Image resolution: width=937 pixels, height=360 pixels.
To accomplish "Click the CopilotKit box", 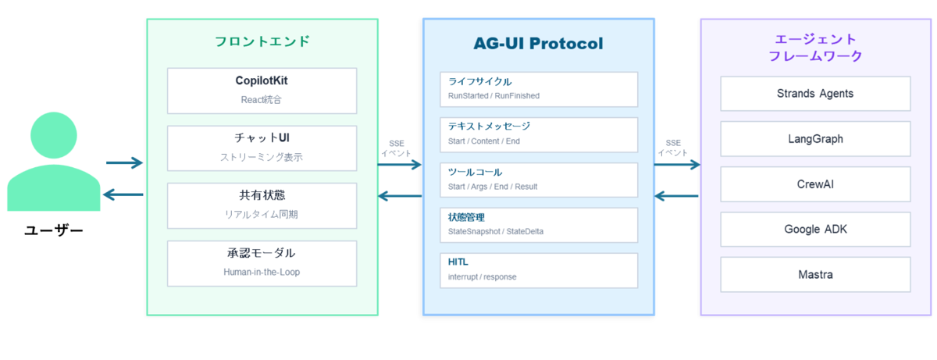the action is (262, 91).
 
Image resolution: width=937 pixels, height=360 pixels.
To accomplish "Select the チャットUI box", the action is (262, 148).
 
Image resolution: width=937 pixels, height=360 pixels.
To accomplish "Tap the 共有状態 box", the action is (262, 205).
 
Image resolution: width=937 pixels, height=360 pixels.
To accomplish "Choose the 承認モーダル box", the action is (262, 263).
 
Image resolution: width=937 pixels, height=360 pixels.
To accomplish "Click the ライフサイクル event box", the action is (539, 89).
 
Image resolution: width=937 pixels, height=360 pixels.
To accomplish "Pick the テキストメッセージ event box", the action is (539, 134).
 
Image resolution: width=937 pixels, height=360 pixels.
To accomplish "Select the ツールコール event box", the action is (539, 180).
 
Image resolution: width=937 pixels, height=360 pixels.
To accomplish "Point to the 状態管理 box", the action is (539, 225).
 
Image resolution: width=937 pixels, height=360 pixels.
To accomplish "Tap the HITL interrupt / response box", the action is (539, 270).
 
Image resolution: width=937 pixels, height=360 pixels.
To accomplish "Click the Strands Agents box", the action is (815, 94).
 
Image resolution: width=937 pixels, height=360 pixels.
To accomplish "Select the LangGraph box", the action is (815, 139).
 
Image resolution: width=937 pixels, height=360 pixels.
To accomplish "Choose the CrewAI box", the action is (815, 184).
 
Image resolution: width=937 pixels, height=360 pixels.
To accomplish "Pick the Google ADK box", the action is (815, 229).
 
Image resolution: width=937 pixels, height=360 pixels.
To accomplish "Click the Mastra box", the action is (815, 275).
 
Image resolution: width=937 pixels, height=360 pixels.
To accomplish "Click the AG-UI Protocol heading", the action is (538, 44).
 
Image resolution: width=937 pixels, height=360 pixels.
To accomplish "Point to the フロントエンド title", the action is (262, 41).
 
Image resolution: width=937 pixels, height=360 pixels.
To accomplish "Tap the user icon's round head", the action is (54, 135).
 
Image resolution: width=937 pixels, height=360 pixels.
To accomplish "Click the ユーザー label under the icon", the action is (54, 230).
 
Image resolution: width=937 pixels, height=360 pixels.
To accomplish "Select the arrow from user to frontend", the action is (124, 162).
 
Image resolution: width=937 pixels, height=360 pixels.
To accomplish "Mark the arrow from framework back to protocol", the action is (676, 196).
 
